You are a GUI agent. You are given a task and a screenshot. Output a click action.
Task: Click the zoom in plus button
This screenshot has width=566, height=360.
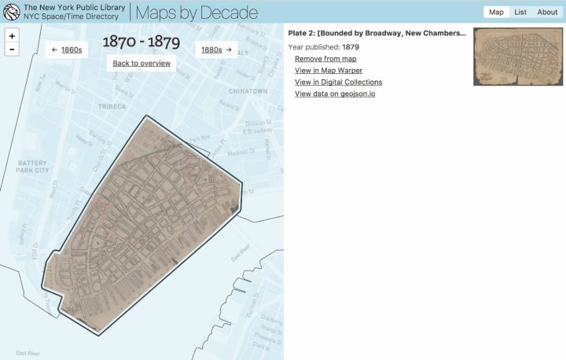coord(12,36)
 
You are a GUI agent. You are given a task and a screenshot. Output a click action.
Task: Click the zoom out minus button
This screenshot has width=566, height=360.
coord(12,49)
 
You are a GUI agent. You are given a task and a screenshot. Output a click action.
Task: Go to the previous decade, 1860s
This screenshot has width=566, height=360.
coord(66,50)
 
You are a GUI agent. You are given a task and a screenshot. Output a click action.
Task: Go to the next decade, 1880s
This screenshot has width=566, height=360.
coord(216,50)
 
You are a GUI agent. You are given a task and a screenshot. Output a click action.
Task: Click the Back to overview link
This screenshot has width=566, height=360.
coord(141,63)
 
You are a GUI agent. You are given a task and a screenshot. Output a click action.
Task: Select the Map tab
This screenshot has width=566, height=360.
coord(496,12)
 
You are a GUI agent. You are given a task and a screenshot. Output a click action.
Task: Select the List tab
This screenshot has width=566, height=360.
coord(520,12)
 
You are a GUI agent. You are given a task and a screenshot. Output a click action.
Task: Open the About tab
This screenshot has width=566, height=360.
coord(547,12)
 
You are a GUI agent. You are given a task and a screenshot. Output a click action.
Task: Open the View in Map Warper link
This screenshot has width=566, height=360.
coord(329,71)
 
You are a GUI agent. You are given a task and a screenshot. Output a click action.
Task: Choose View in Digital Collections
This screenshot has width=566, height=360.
coord(338,82)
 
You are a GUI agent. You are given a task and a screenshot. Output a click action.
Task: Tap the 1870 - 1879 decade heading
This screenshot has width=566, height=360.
coord(141,40)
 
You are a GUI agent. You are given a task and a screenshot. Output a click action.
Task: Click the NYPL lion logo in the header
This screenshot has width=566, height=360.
coord(11,12)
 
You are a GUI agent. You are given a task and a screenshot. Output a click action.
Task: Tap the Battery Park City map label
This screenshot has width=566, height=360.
coord(33,166)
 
